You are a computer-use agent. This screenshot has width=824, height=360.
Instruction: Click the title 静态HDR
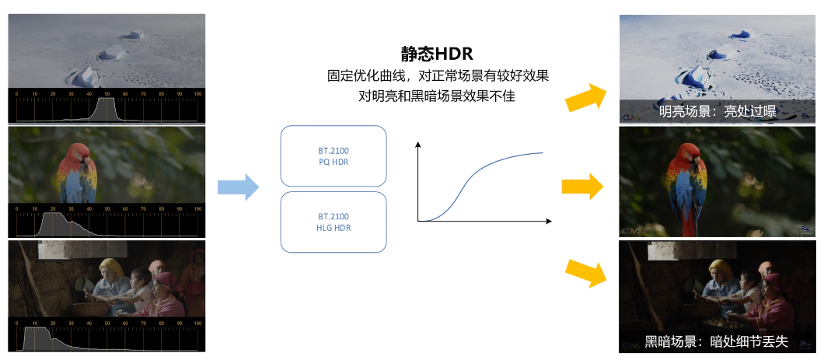click(437, 54)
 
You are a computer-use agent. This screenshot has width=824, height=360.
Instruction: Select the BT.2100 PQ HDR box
click(333, 156)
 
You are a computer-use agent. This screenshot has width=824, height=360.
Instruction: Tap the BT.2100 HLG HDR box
click(333, 221)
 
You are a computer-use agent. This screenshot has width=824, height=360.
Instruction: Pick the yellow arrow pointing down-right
click(585, 273)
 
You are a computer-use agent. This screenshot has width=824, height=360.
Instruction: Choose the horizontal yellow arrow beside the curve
click(582, 187)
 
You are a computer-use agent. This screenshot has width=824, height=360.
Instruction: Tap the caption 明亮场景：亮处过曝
click(717, 112)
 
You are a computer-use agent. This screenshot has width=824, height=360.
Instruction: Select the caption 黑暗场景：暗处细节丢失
click(716, 341)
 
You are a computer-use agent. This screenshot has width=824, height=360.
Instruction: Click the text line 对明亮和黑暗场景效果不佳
click(437, 97)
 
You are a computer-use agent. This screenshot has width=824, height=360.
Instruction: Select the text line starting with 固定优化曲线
click(438, 76)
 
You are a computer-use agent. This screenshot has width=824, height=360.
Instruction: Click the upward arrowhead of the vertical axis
click(418, 145)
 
